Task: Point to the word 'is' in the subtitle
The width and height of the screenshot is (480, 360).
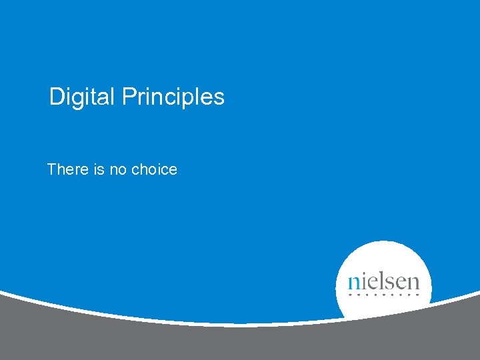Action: (x=99, y=169)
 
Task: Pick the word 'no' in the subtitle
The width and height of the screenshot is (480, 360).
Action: (x=118, y=169)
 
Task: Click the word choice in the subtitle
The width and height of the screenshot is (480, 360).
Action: (x=154, y=169)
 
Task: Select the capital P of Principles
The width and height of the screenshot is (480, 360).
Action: (x=128, y=97)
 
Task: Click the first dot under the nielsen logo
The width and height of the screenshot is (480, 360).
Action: (x=351, y=294)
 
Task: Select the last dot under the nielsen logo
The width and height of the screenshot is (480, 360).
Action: (x=417, y=294)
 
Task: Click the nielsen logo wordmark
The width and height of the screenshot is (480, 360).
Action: (x=384, y=281)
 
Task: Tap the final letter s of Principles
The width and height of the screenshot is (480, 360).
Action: (x=219, y=98)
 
